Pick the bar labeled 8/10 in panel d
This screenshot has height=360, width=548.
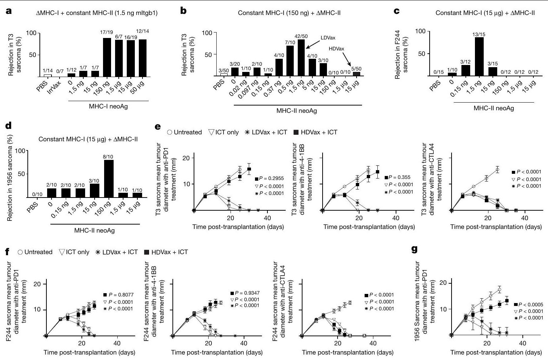coord(109,179)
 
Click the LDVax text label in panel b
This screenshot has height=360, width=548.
coord(328,38)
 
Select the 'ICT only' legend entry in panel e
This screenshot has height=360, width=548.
coord(224,132)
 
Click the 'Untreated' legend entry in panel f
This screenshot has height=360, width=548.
coord(35,252)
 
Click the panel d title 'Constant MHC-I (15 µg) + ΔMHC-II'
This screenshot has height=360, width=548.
coord(88,139)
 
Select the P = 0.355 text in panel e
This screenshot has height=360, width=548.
coord(398,177)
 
